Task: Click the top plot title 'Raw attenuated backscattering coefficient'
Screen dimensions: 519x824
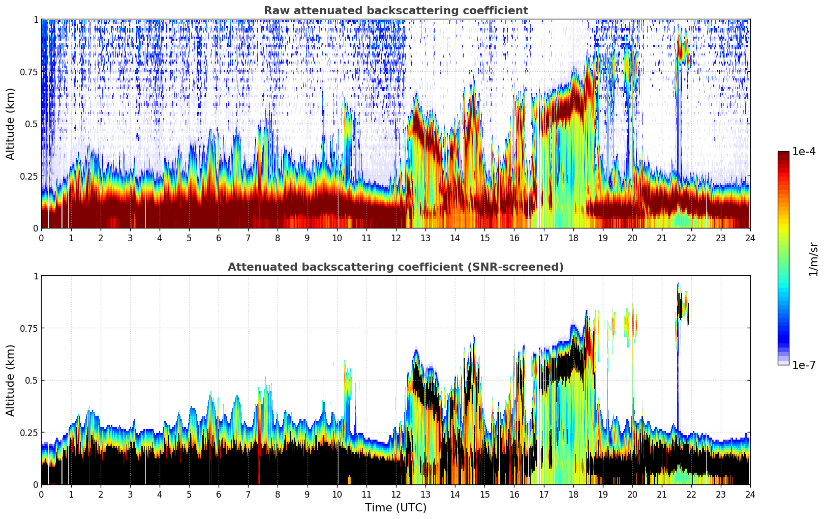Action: [395, 11]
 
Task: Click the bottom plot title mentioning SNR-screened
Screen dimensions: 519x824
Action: [395, 267]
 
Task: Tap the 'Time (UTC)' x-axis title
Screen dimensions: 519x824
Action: [395, 508]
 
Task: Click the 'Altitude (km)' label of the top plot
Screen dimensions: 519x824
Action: [11, 124]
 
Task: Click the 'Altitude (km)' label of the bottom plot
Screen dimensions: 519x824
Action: [11, 380]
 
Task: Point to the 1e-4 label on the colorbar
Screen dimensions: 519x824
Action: [804, 152]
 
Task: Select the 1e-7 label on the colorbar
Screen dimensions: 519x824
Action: [804, 365]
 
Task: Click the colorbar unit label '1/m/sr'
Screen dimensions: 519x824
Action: [813, 259]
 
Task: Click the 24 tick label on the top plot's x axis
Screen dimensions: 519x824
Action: [750, 238]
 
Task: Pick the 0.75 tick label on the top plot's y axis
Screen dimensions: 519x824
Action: [28, 72]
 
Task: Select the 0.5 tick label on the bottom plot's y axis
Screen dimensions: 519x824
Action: [32, 380]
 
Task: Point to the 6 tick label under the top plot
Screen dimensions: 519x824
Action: [219, 238]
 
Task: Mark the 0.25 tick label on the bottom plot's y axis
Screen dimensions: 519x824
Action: [28, 432]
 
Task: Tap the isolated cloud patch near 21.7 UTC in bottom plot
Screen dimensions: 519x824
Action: [681, 305]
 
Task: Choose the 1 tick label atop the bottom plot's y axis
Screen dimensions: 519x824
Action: [36, 276]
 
